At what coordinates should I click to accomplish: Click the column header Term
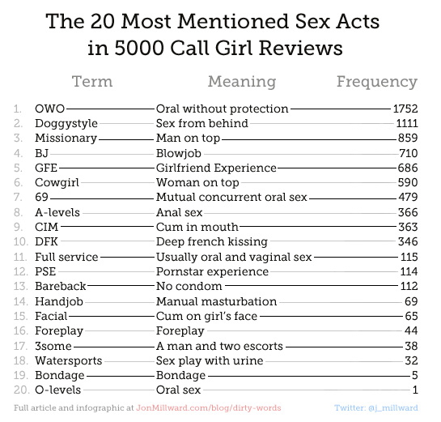[x=92, y=82]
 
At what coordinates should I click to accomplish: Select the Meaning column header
[x=242, y=82]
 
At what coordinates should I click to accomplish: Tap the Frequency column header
[x=377, y=82]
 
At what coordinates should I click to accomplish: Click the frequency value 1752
[x=405, y=109]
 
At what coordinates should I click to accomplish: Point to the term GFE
[x=46, y=168]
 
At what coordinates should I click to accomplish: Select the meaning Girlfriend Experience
[x=216, y=168]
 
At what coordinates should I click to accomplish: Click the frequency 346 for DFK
[x=408, y=241]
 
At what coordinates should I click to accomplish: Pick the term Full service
[x=66, y=257]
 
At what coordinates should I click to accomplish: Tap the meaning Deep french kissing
[x=212, y=242]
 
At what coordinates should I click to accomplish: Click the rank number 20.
[x=21, y=390]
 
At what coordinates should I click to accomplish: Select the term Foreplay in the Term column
[x=59, y=331]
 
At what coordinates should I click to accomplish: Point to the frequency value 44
[x=411, y=330]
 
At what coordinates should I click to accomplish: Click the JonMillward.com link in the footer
[x=209, y=408]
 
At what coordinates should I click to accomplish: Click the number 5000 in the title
[x=139, y=48]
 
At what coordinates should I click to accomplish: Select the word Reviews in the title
[x=301, y=48]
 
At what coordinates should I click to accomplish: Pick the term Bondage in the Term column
[x=60, y=376]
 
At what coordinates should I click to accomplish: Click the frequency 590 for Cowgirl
[x=408, y=182]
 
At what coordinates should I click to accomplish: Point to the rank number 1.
[x=18, y=109]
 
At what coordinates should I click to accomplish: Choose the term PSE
[x=45, y=271]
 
